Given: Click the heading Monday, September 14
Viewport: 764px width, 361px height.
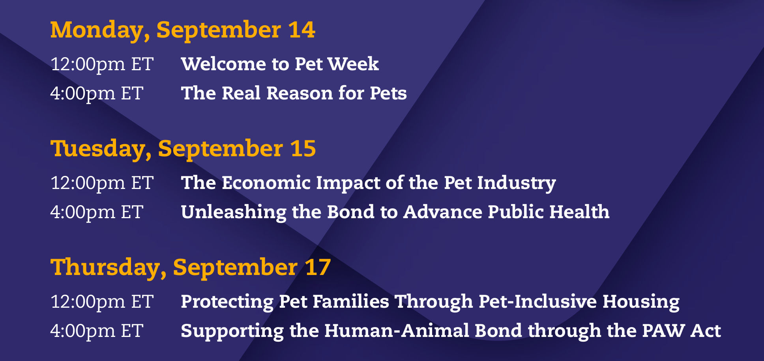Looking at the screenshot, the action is click(183, 30).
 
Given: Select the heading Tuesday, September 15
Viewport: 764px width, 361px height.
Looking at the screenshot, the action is click(183, 149).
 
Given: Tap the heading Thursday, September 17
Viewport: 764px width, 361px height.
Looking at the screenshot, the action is click(191, 268).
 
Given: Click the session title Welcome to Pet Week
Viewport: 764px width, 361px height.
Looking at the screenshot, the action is click(280, 64).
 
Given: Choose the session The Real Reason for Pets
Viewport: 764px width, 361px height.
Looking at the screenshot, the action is click(294, 93).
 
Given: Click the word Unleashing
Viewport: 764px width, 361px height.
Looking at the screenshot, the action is click(234, 212).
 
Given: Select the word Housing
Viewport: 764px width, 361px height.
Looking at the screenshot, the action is click(641, 302).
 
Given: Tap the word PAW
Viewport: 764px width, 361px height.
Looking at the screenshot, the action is click(663, 331).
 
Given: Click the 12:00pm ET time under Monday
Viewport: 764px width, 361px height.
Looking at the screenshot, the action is click(102, 64).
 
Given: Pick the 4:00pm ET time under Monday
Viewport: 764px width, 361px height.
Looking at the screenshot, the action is click(97, 94).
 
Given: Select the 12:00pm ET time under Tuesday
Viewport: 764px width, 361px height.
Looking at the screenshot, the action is click(102, 183).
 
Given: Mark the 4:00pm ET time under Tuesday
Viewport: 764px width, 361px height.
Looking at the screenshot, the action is click(97, 212).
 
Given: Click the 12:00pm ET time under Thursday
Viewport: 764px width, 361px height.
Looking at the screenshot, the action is click(102, 302).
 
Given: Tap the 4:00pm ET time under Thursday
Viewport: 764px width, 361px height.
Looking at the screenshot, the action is click(97, 331).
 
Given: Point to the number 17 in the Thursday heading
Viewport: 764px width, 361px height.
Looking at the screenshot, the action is click(318, 267).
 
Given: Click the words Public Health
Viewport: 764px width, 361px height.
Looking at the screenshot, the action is click(549, 212).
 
